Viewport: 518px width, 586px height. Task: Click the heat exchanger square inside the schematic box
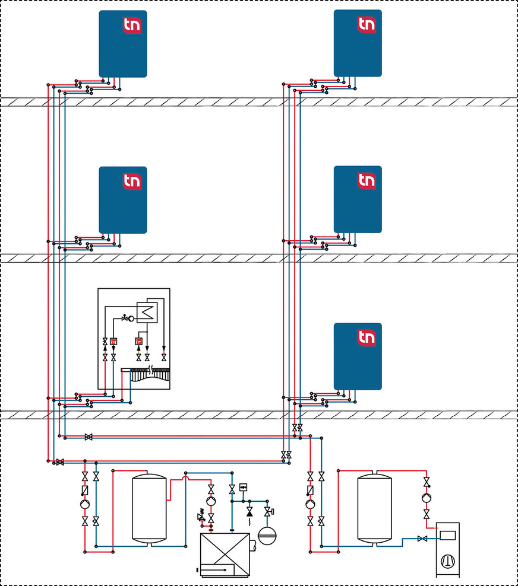(x=145, y=311)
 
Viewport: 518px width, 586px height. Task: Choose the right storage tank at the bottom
(x=374, y=507)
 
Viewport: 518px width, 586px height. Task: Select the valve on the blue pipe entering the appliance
(x=422, y=539)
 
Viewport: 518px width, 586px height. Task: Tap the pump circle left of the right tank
(x=310, y=504)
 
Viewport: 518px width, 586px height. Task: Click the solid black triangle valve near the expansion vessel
(x=249, y=512)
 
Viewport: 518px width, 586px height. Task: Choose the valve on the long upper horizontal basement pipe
(x=89, y=438)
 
